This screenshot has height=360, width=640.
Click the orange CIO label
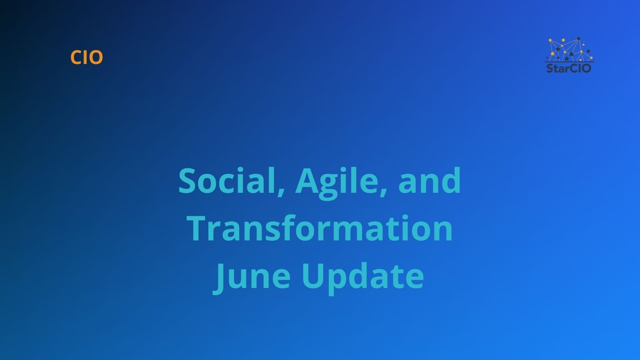[86, 58]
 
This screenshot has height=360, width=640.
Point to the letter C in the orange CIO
[76, 58]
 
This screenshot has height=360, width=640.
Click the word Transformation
[320, 228]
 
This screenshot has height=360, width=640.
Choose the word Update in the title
[362, 276]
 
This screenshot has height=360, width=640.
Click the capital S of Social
[188, 181]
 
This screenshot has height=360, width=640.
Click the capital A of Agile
[306, 181]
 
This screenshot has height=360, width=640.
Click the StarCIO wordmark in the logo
[569, 68]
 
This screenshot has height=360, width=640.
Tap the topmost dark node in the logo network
[578, 39]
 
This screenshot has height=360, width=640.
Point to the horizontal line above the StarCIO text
[569, 62]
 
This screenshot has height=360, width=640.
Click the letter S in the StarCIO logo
[550, 68]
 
